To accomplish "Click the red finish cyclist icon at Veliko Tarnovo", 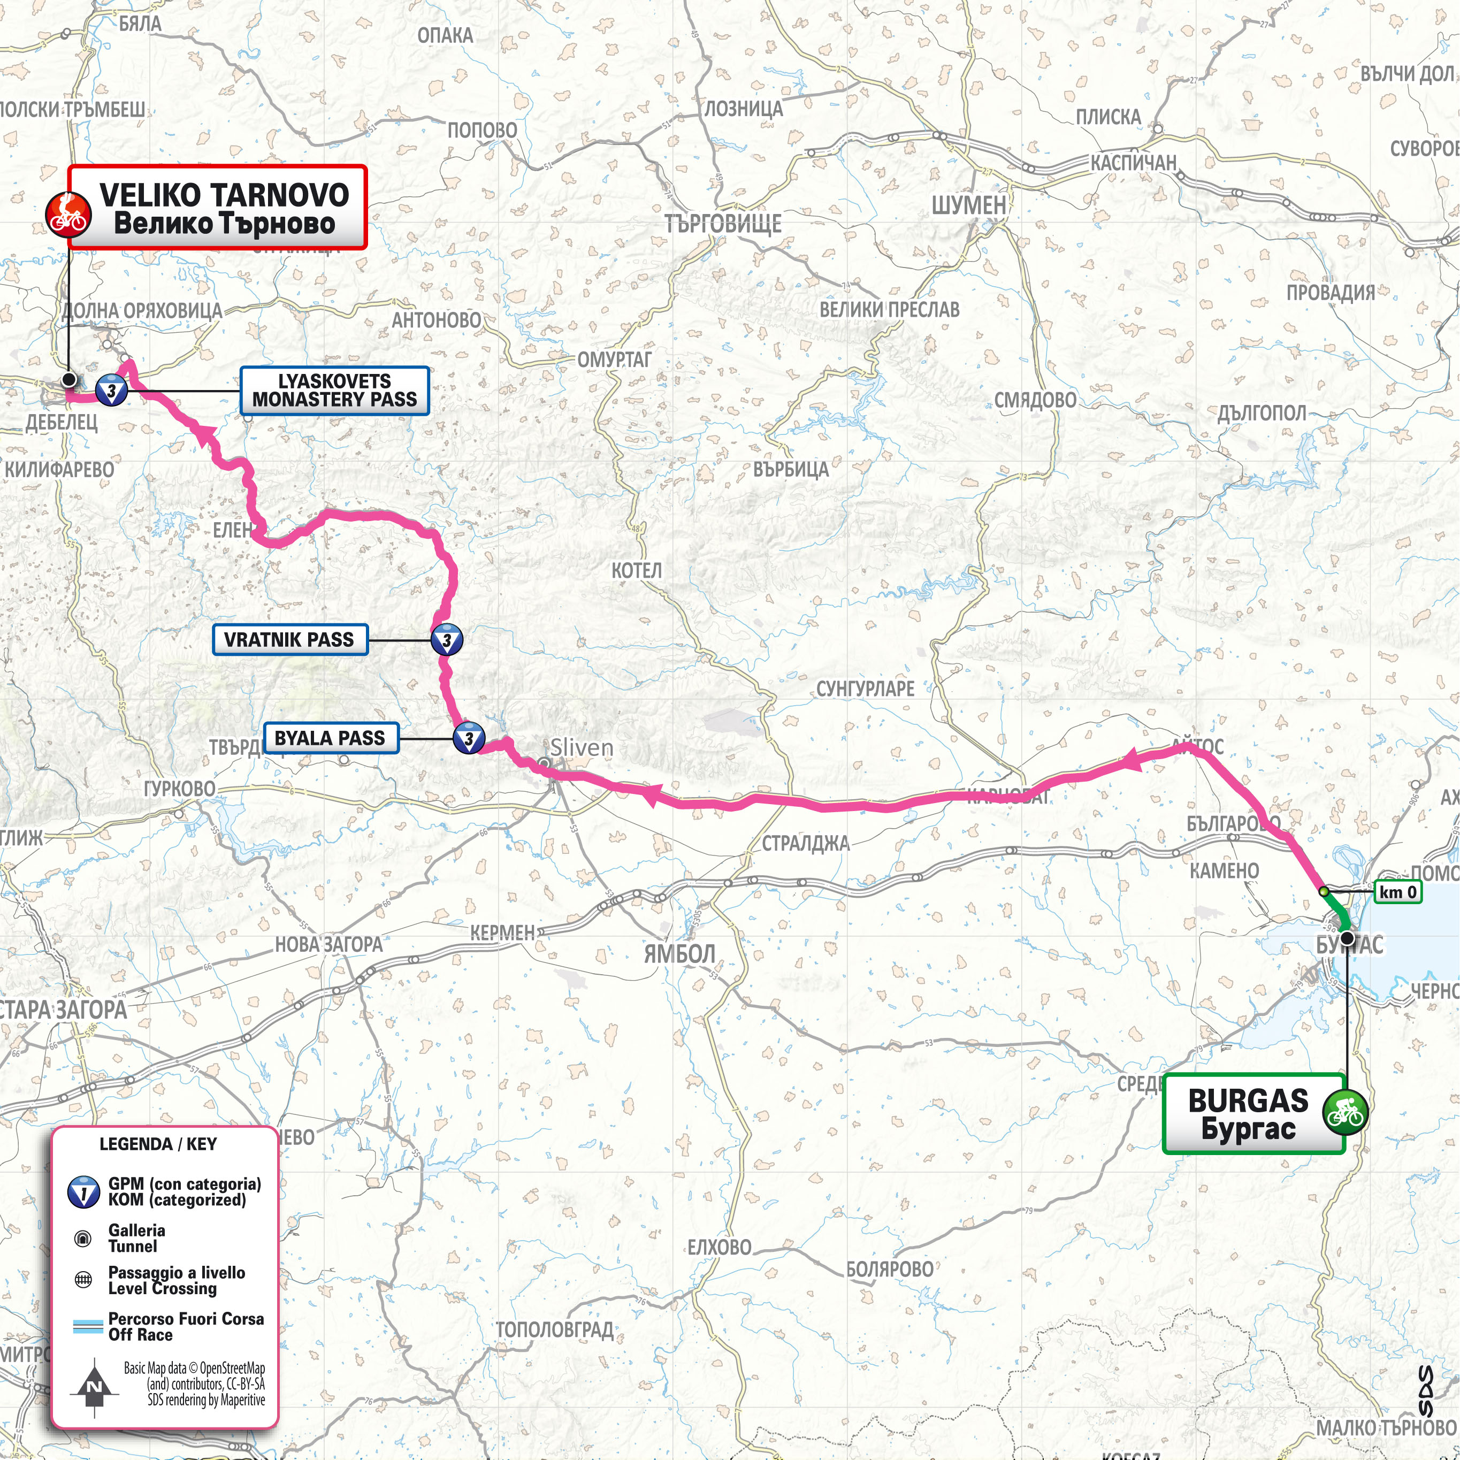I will (x=67, y=214).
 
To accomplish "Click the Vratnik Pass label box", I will (x=289, y=639).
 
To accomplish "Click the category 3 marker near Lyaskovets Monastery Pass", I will (x=112, y=391).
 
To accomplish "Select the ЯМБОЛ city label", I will (x=679, y=954).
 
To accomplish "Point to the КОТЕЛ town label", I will (x=636, y=570).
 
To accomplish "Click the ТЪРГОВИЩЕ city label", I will (x=723, y=224).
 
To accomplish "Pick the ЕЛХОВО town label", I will (x=718, y=1247).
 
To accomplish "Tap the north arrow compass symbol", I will (x=94, y=1387).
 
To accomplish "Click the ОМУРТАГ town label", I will (x=613, y=360).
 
